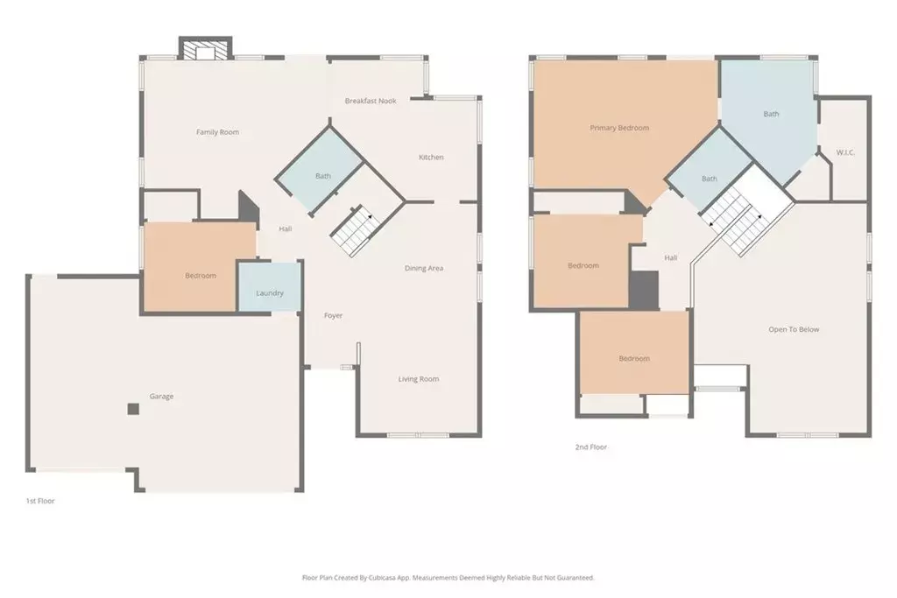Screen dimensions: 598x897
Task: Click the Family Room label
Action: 217,132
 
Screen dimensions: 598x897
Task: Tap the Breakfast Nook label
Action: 370,101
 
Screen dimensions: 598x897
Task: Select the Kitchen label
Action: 431,158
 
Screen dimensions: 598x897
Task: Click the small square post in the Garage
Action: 132,408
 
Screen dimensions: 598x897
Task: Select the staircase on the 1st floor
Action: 352,229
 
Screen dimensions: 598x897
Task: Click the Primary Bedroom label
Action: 619,128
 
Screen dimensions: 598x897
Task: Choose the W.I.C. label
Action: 845,152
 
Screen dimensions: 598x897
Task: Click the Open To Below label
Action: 794,329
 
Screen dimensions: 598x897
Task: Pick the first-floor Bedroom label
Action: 200,276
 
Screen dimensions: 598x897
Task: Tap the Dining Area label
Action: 423,268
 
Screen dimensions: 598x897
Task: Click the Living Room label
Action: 419,379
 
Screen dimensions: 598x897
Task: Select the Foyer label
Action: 333,315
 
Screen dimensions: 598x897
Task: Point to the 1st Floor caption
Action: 40,501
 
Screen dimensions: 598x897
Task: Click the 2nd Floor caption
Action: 590,447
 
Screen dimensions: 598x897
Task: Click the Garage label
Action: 161,397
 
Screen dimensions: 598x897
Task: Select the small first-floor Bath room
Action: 322,175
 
